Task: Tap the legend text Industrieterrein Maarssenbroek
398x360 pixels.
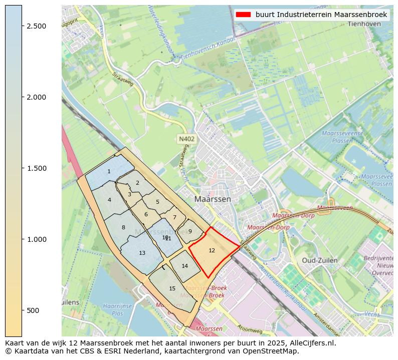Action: pos(321,15)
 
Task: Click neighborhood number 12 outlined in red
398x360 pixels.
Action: pos(212,250)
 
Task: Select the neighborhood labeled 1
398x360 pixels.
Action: pos(109,172)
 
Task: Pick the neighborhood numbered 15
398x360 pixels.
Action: pos(172,288)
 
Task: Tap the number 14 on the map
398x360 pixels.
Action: pos(184,266)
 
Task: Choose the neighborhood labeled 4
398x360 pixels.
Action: pos(109,200)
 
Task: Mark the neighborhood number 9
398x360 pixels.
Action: pos(190,231)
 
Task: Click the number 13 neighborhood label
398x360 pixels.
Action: pos(142,253)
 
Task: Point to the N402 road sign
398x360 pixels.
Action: pos(186,139)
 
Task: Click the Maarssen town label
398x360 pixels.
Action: pos(213,199)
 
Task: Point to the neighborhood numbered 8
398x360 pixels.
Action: pos(123,228)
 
